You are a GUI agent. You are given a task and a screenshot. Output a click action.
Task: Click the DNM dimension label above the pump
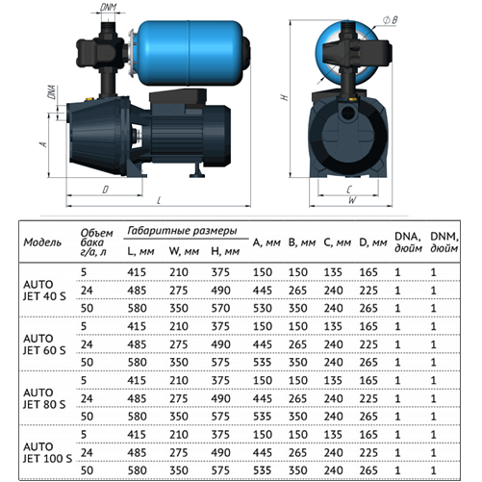tap(108, 8)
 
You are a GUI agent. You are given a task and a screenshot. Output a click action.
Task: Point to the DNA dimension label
tap(51, 92)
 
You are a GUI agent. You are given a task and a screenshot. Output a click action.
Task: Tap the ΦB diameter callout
tap(390, 20)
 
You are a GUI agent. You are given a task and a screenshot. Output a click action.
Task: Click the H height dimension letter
tap(284, 96)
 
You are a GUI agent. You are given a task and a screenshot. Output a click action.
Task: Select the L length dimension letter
tap(159, 200)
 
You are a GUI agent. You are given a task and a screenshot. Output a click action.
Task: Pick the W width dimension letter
tap(352, 200)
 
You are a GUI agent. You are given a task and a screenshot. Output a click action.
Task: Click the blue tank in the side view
tap(190, 52)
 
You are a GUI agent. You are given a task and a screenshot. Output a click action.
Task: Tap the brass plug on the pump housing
tap(88, 98)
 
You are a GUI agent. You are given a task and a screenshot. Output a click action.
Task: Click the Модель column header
tap(42, 242)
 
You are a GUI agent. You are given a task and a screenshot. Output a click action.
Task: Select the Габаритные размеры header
tap(182, 231)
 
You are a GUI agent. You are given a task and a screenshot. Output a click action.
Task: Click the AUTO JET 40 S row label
tap(44, 291)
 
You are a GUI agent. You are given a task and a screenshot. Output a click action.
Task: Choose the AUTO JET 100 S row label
tap(47, 452)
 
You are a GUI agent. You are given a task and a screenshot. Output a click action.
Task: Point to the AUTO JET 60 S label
tap(44, 344)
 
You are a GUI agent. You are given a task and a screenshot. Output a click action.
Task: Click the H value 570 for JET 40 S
tap(220, 308)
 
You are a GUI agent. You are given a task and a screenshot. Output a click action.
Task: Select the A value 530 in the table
tap(263, 308)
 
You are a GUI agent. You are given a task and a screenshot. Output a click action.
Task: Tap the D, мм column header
tap(373, 242)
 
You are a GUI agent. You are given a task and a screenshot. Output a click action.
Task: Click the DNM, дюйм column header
tap(444, 242)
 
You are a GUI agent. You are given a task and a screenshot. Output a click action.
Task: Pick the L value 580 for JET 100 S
tap(138, 470)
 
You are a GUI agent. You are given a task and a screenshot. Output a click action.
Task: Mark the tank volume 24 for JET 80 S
tap(87, 398)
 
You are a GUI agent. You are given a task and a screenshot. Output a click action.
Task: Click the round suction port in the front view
tap(347, 113)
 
